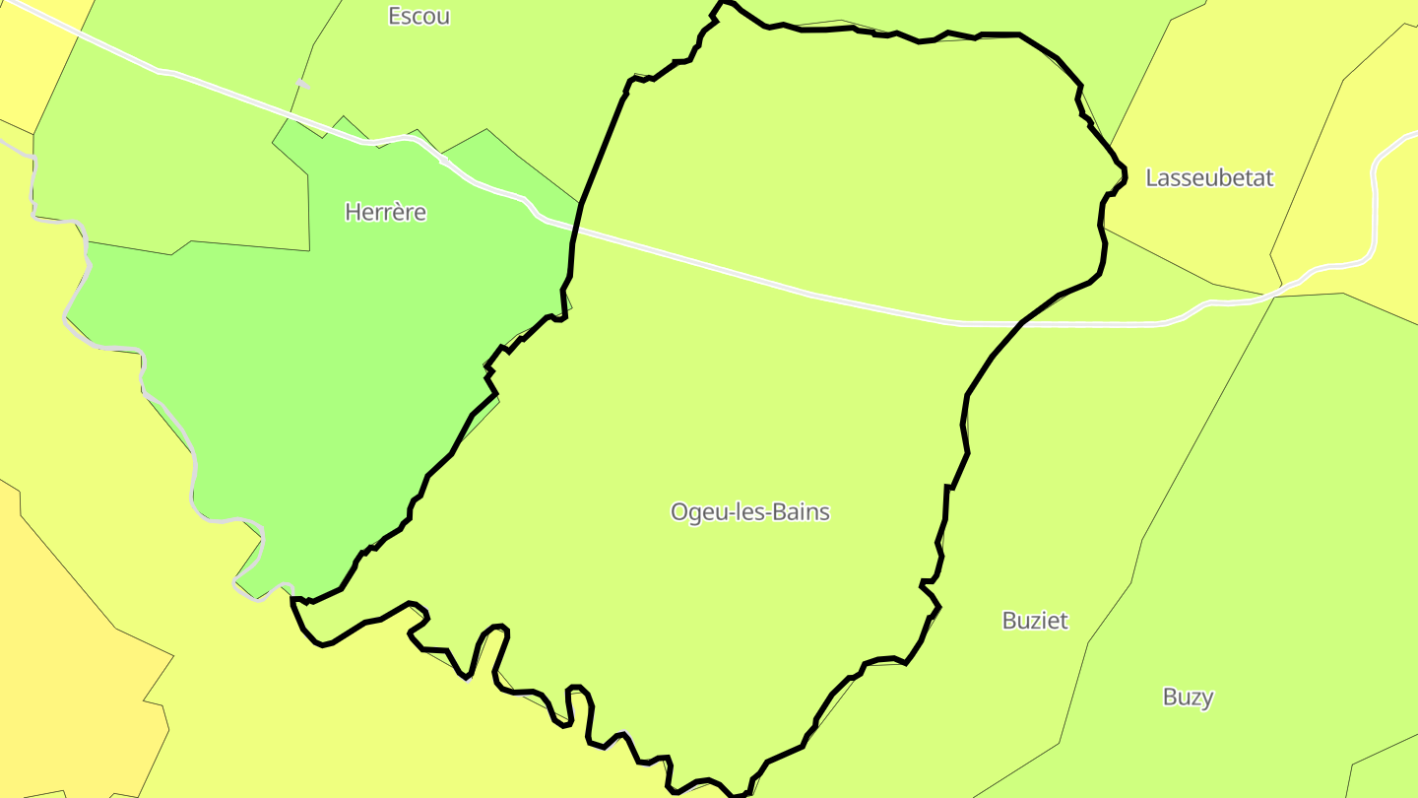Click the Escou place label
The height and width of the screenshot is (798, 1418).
pos(419,16)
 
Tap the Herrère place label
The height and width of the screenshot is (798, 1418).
pos(385,212)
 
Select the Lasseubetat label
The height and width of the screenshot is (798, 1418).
pos(1209,178)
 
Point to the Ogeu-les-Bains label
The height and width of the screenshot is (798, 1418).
pos(749,512)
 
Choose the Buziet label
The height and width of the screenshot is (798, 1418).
pos(1034,621)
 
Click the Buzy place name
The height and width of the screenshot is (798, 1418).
pos(1188,698)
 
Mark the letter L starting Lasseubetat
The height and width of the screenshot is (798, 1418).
pos(1151,178)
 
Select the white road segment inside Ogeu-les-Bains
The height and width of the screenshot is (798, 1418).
pos(788,290)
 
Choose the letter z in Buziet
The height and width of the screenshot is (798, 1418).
pos(1033,621)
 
